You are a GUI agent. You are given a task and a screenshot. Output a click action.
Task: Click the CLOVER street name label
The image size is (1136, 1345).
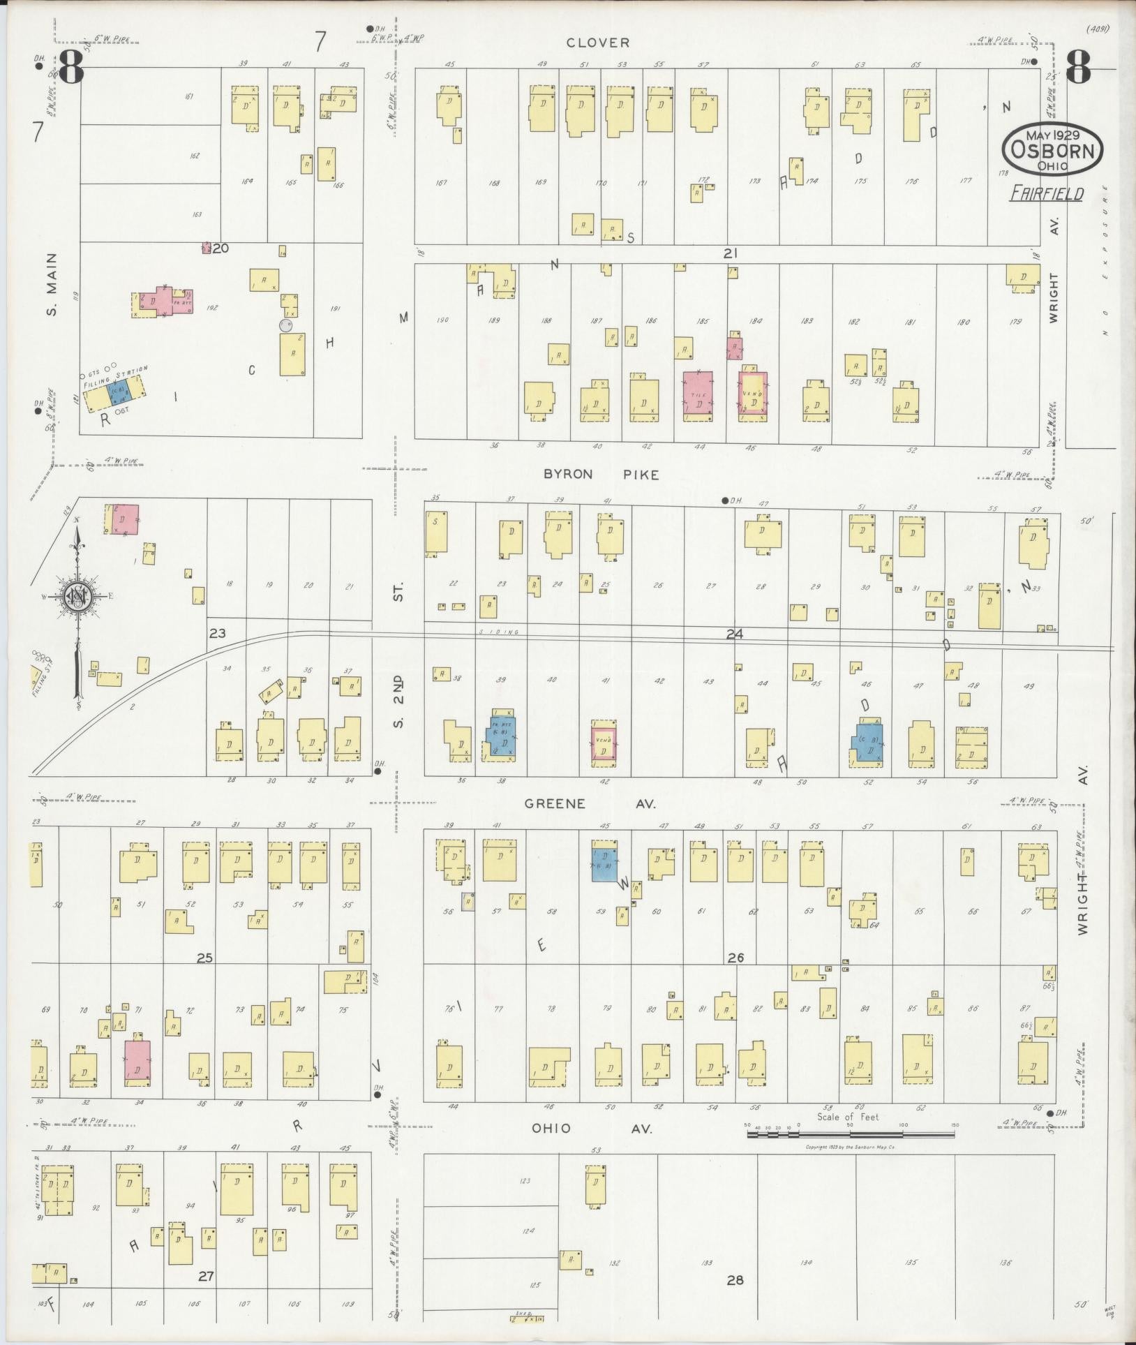click(x=598, y=43)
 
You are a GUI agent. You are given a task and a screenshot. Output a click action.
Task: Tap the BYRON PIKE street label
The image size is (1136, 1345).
click(x=601, y=475)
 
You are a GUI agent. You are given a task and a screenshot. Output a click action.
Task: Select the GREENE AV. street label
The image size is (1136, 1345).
click(x=590, y=804)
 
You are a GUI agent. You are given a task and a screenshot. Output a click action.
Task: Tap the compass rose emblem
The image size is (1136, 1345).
click(x=77, y=597)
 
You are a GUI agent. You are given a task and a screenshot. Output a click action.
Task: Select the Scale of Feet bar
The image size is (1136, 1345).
click(x=851, y=1134)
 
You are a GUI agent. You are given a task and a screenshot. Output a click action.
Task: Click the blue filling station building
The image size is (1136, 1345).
click(x=120, y=394)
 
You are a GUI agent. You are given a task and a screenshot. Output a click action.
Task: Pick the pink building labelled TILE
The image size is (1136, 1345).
click(x=698, y=395)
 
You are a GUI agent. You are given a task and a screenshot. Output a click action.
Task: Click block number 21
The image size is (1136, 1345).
click(x=730, y=253)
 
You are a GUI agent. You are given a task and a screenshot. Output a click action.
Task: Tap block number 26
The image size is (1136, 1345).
click(x=735, y=958)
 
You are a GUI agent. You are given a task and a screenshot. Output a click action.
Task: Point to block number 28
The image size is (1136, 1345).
click(x=735, y=1280)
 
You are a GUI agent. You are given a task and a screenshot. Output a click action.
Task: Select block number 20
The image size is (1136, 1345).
click(x=221, y=248)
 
